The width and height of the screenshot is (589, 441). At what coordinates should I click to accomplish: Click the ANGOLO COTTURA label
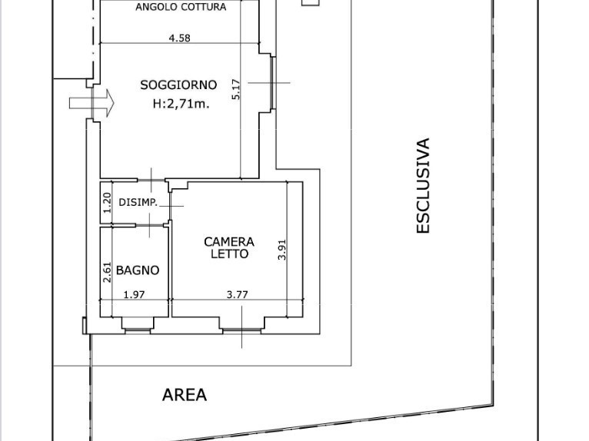[181, 7]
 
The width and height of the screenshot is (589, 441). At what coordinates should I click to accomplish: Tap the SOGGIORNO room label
[178, 85]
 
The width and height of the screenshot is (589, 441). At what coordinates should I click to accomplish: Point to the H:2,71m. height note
[181, 104]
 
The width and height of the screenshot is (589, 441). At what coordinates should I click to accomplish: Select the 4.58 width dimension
[178, 38]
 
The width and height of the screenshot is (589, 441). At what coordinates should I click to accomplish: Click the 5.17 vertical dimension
[237, 90]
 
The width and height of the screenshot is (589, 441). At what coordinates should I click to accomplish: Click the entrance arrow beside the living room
[92, 102]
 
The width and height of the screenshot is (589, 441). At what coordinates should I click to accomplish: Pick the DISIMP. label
[138, 203]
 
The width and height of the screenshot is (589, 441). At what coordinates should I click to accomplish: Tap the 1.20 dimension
[108, 202]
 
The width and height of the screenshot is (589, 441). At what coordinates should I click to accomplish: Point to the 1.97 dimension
[134, 294]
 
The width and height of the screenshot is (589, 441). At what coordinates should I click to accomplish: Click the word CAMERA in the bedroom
[229, 241]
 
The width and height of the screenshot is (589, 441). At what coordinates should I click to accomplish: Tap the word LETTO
[229, 254]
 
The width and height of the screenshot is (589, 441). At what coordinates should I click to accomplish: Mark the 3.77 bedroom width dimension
[238, 294]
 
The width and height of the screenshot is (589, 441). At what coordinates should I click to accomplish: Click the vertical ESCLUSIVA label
[423, 185]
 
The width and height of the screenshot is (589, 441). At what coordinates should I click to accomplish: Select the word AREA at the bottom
[185, 395]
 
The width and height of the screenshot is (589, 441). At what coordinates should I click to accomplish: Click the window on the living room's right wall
[272, 83]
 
